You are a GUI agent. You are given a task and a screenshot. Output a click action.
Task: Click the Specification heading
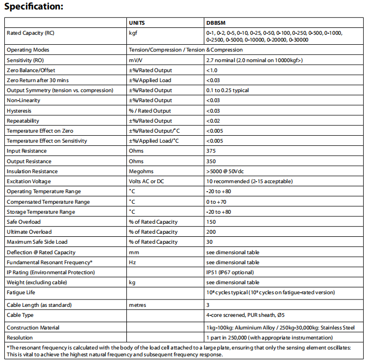coord(34,7)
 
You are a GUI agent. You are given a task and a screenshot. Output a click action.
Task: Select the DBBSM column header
coord(216,23)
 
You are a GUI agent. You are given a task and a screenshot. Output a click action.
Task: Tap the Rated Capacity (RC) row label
coord(30,33)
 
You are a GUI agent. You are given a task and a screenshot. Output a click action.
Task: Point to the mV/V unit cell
coord(135,60)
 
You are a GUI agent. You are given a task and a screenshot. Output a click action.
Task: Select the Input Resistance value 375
coord(211,151)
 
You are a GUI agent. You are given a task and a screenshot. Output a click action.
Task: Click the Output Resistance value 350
coord(211,161)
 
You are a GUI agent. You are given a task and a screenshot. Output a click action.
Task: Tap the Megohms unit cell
coord(141,171)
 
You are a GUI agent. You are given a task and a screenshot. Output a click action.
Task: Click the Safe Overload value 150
coord(211,222)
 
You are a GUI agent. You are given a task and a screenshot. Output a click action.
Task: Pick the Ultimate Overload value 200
coord(211,232)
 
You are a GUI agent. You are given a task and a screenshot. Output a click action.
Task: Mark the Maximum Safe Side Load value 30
coord(210,242)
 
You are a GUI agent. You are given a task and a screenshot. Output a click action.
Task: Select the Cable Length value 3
coord(208,305)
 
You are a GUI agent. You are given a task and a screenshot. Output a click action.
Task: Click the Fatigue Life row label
coord(21,292)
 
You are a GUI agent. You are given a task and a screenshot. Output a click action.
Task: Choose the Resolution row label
coord(19,337)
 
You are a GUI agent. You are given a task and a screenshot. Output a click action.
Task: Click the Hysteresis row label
coord(19,111)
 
